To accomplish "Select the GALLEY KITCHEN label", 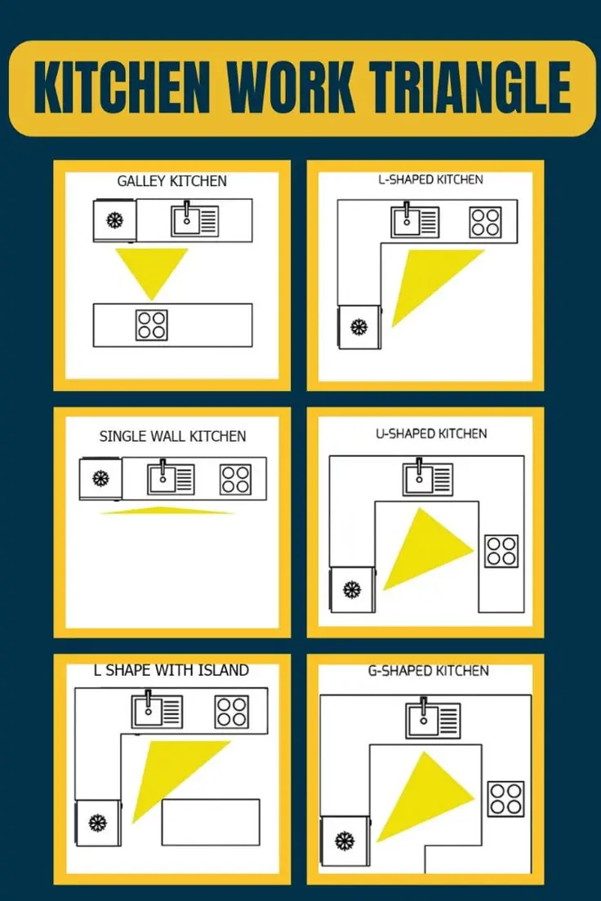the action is (172, 181).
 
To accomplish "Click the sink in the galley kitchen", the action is (194, 220).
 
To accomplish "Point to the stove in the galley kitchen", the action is (152, 325).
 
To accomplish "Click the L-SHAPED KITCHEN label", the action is (430, 180).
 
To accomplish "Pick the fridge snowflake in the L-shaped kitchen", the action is (358, 327).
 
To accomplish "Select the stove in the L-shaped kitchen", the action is (485, 222).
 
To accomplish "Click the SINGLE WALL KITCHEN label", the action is (172, 437).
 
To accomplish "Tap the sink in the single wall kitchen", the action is (171, 478).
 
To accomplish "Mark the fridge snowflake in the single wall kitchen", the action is (100, 478).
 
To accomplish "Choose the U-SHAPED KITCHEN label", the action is (431, 434).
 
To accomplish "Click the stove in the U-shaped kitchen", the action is (501, 552).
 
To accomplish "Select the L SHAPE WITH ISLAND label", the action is (171, 671).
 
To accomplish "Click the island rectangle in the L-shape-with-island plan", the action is (211, 823).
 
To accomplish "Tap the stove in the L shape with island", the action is (232, 712).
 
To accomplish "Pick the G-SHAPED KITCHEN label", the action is (429, 671).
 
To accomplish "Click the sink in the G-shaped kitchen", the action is (433, 718).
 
